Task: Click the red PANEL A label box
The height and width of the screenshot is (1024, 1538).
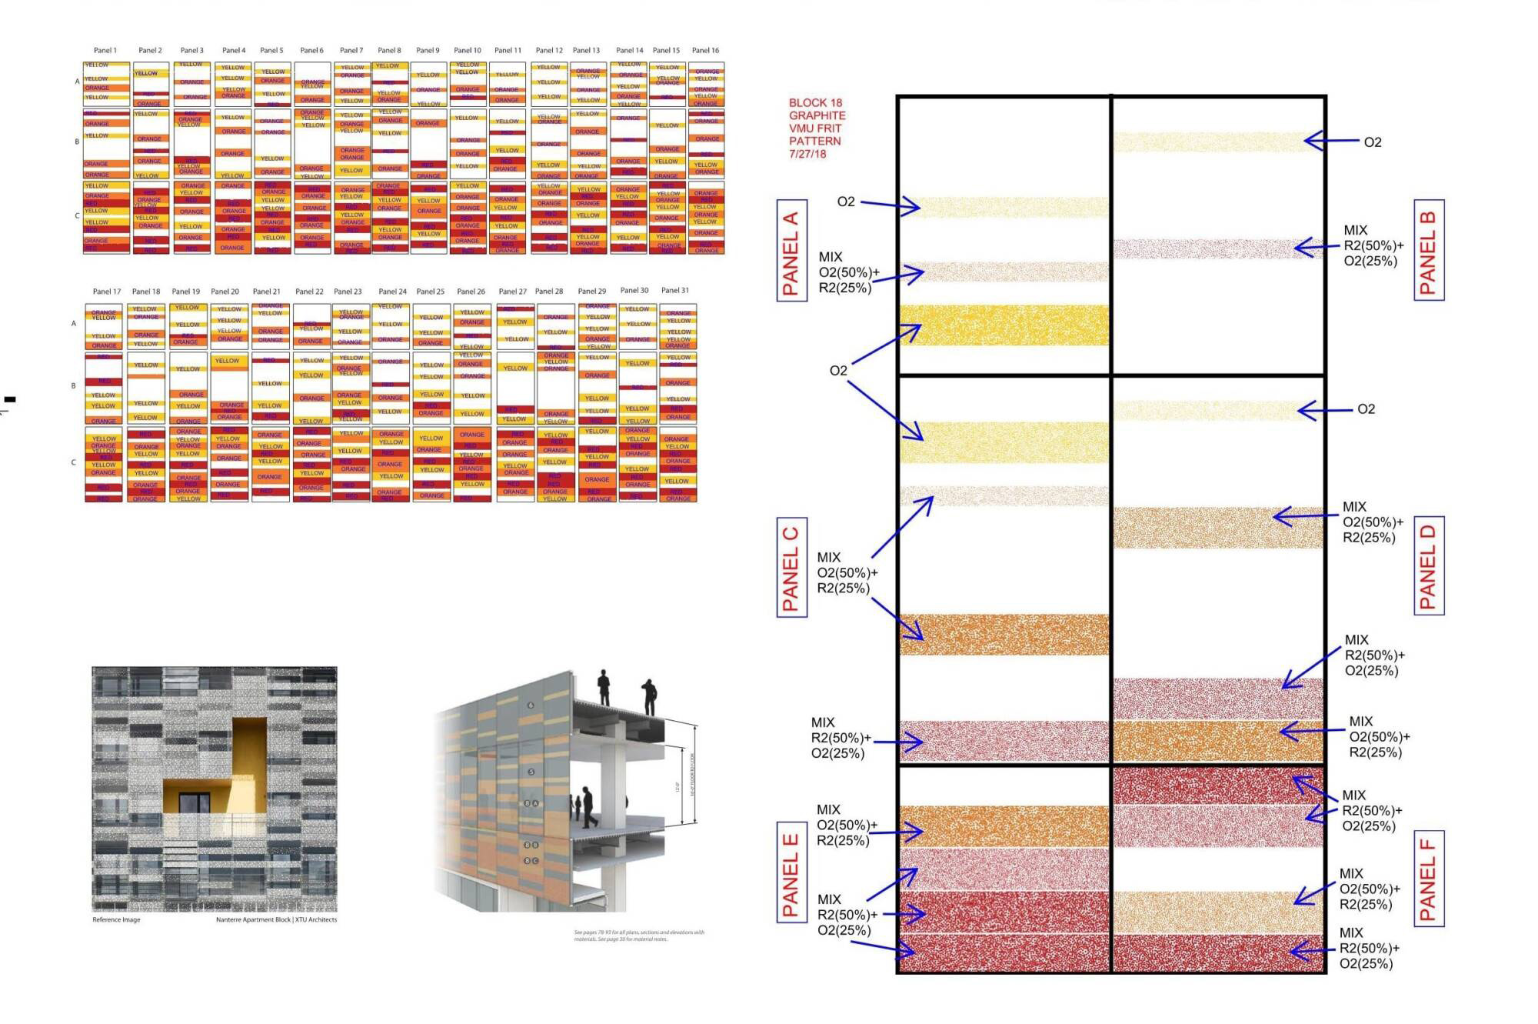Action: pyautogui.click(x=791, y=250)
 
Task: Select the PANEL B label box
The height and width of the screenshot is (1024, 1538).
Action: pyautogui.click(x=1429, y=249)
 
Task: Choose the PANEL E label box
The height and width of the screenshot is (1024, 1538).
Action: pyautogui.click(x=791, y=874)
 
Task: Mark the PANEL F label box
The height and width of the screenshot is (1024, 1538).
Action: pyautogui.click(x=1429, y=878)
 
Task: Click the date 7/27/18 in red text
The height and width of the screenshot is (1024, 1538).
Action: pyautogui.click(x=807, y=154)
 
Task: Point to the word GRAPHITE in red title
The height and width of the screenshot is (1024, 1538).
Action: pyautogui.click(x=817, y=115)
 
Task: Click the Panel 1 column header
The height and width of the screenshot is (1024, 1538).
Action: pyautogui.click(x=105, y=51)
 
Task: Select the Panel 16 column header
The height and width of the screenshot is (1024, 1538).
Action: pyautogui.click(x=705, y=51)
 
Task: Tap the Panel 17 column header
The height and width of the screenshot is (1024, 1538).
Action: pyautogui.click(x=107, y=292)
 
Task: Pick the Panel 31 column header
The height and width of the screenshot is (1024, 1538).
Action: pyautogui.click(x=675, y=291)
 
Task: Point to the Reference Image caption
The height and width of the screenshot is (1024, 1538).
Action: pyautogui.click(x=116, y=919)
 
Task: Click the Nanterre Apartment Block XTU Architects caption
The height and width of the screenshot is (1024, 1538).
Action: pyautogui.click(x=276, y=919)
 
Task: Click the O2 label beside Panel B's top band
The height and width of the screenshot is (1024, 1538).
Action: pyautogui.click(x=1373, y=142)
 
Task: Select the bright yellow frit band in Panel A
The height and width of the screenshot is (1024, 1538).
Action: pyautogui.click(x=1004, y=325)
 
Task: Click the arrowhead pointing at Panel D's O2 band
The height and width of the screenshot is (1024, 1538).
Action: pyautogui.click(x=1302, y=411)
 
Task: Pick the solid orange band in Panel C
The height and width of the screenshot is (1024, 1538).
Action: pyautogui.click(x=1004, y=634)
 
